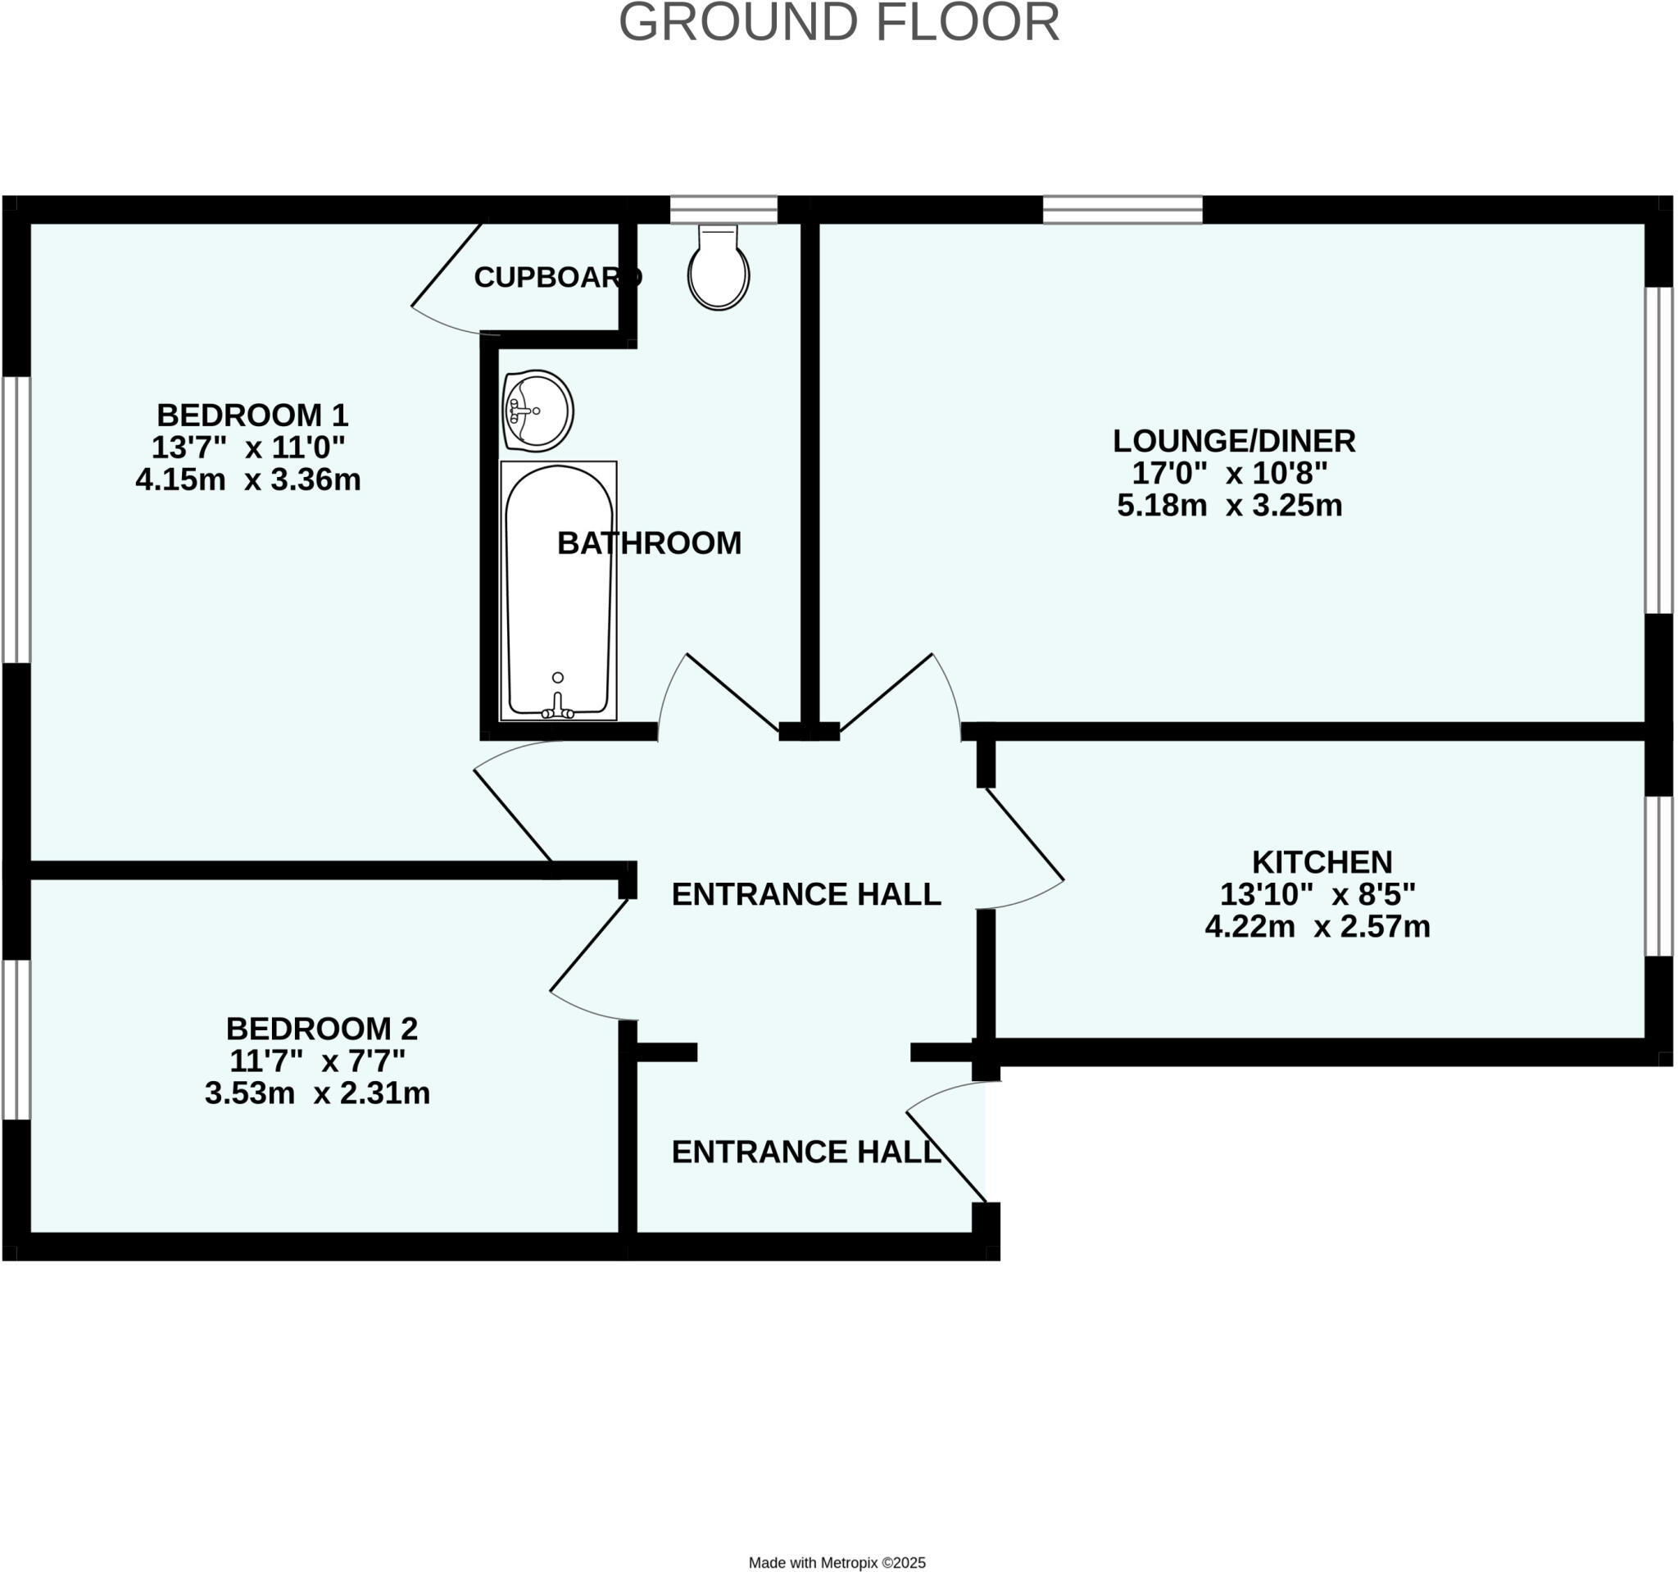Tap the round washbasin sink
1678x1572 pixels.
tap(537, 411)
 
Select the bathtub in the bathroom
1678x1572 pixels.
tap(558, 590)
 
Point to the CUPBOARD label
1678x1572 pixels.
tap(558, 277)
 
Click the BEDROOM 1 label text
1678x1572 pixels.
tap(252, 415)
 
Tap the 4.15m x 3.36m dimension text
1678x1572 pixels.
tap(248, 479)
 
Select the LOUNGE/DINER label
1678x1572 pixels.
tap(1233, 441)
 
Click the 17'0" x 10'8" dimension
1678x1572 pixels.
tap(1229, 473)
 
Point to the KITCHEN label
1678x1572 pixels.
tap(1321, 862)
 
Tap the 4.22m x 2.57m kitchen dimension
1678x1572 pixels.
tap(1317, 926)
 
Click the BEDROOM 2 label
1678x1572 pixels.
tap(321, 1029)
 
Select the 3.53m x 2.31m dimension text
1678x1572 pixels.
tap(317, 1093)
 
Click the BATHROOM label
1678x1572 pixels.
tap(649, 543)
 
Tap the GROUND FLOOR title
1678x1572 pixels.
tap(838, 23)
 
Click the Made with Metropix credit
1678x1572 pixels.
tap(837, 1563)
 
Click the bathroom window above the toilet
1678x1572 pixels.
tap(723, 209)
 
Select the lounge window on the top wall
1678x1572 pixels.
tap(1122, 209)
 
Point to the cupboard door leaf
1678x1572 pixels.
tap(446, 264)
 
